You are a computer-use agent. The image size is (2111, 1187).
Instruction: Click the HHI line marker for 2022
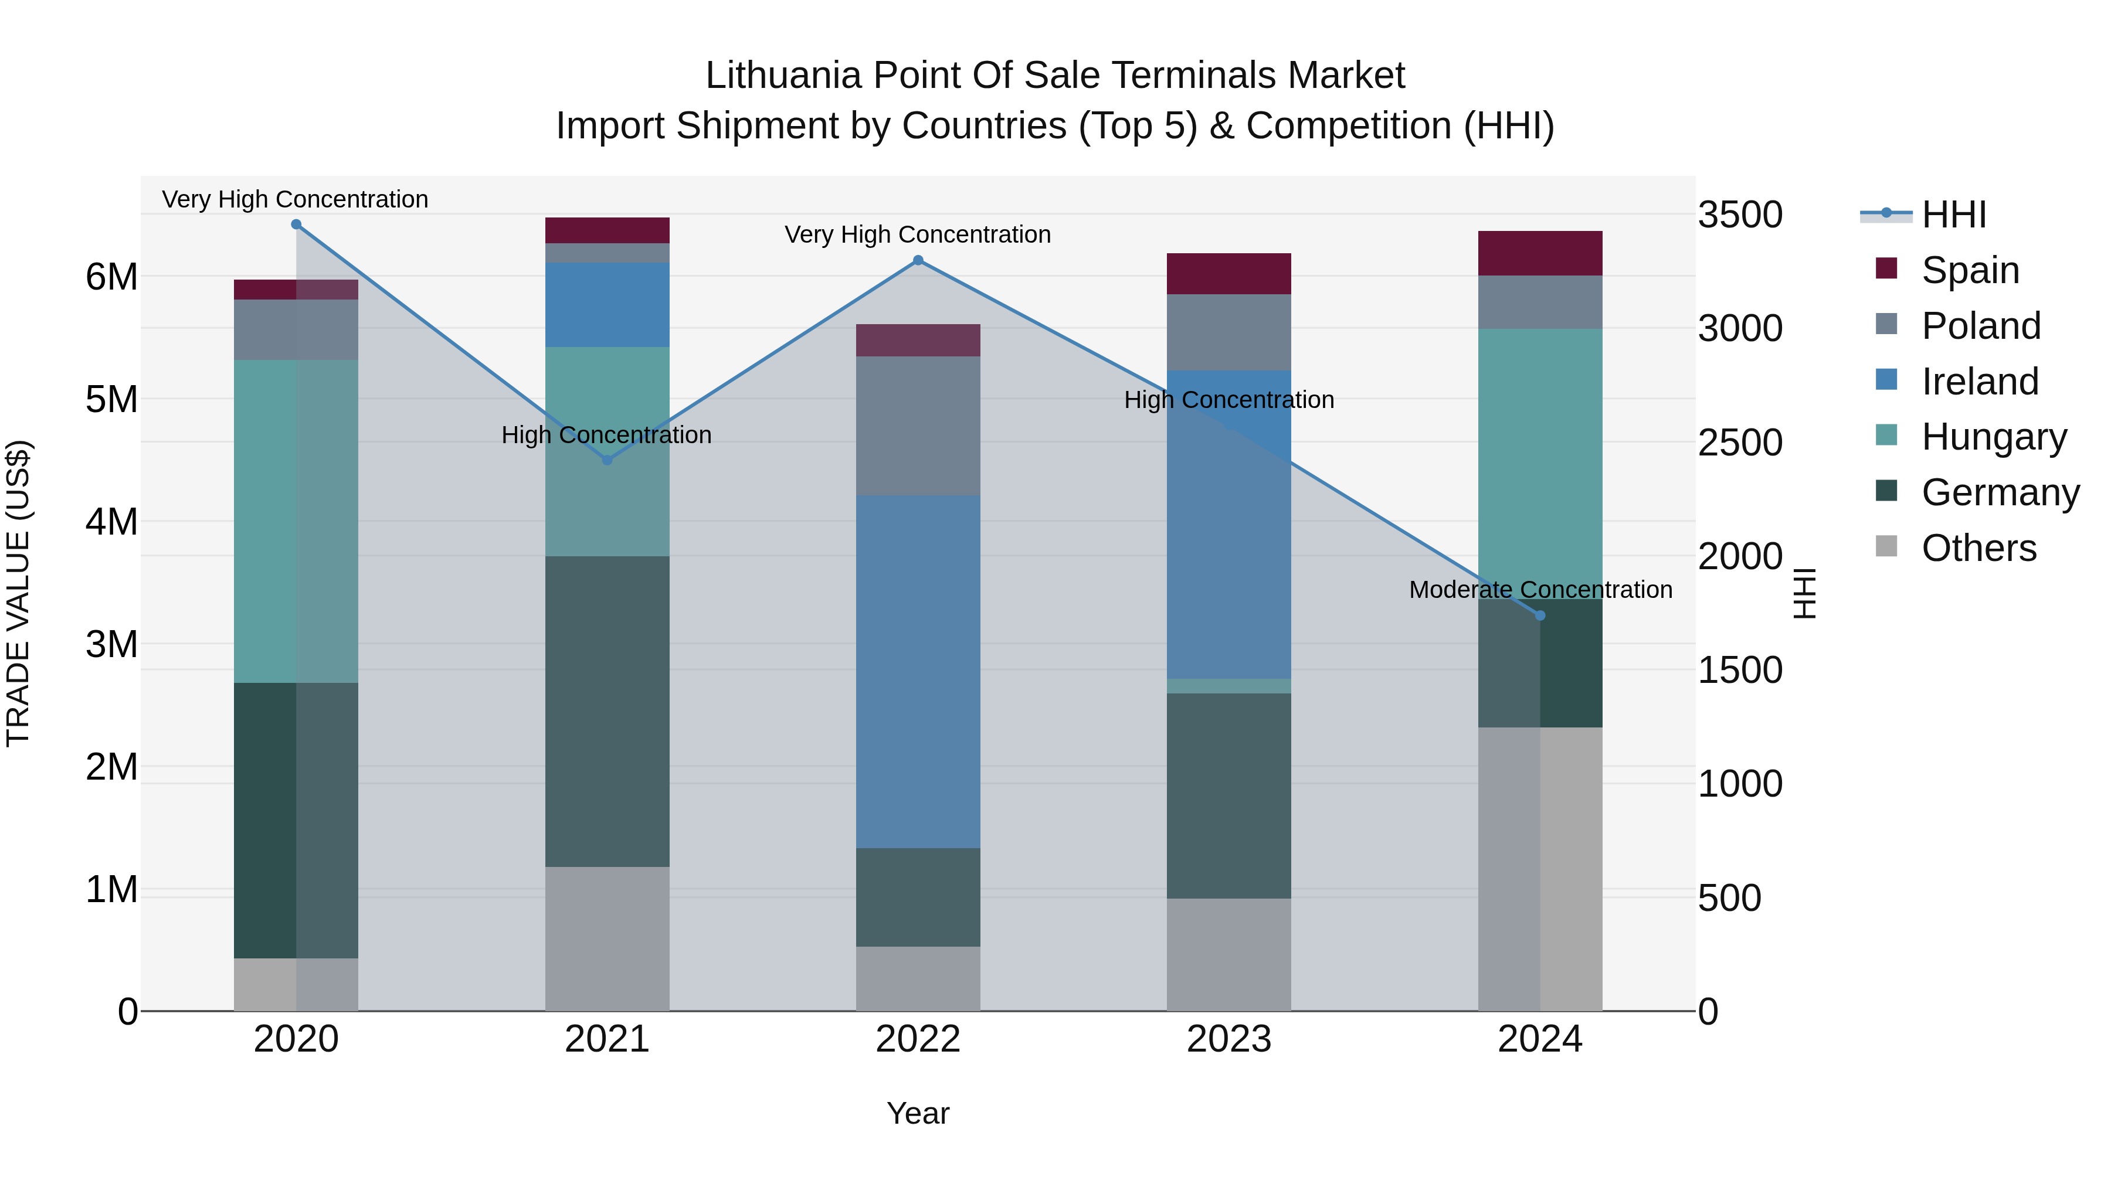918,260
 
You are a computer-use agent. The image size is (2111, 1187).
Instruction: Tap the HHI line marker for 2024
1540,615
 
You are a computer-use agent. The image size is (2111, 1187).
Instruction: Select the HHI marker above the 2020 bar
296,225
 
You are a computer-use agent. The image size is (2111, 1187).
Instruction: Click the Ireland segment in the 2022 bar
918,672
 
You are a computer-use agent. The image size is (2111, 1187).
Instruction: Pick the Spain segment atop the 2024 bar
1540,253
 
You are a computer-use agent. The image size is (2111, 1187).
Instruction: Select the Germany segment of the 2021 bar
607,711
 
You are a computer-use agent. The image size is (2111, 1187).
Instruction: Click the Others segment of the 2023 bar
1228,954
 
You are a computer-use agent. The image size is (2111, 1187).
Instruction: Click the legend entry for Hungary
1993,437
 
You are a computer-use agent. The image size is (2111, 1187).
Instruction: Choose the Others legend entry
1978,548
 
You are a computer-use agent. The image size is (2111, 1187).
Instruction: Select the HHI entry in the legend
1954,215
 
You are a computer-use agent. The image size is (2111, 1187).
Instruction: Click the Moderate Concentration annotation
1540,590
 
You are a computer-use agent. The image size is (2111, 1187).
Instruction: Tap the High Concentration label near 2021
606,435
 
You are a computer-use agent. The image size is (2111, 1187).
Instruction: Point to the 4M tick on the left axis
111,522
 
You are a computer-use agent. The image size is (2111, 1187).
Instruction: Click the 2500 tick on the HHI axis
1740,443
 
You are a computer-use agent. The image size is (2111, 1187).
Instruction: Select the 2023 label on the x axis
1228,1039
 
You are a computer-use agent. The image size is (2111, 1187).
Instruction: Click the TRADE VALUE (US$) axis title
18,593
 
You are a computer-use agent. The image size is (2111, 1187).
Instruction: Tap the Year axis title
918,1113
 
